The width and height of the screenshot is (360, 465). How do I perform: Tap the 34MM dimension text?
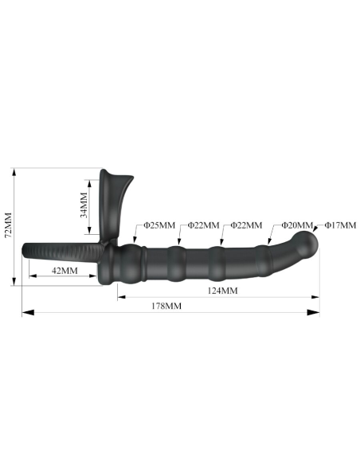(85, 209)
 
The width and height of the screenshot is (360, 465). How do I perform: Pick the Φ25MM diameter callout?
(159, 226)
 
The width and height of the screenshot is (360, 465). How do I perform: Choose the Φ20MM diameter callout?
(298, 226)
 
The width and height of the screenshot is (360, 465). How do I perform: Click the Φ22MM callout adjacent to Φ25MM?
(204, 226)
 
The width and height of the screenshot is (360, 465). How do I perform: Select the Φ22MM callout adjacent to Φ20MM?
(245, 226)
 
